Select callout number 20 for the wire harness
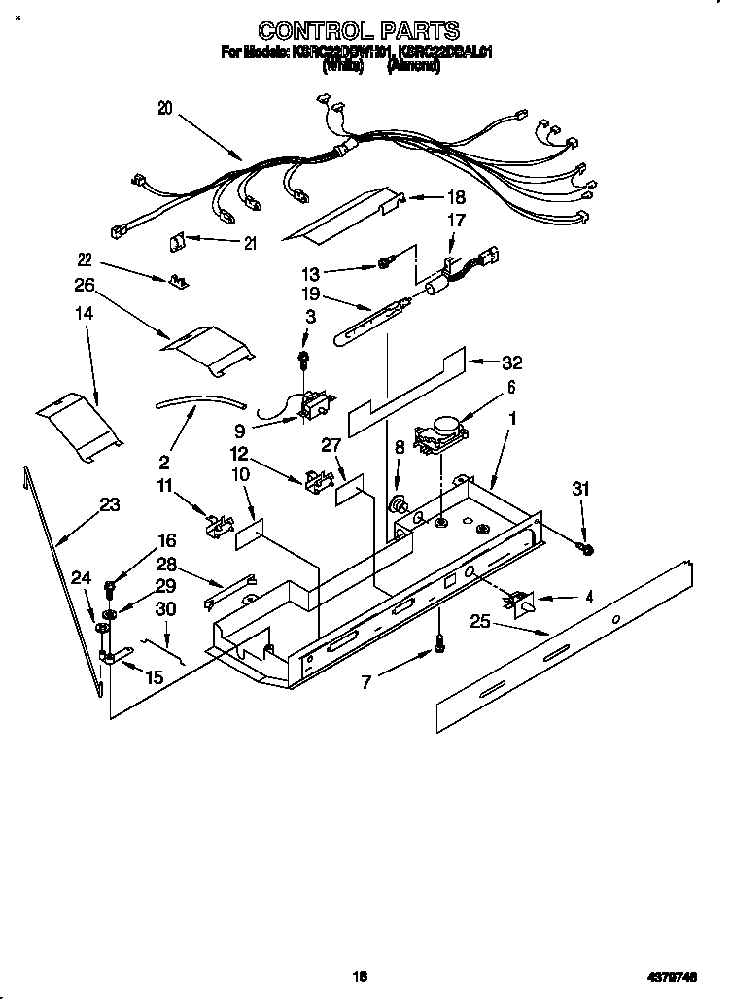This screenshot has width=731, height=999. (164, 109)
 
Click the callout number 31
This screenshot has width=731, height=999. (580, 490)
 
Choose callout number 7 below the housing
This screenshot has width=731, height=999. (365, 682)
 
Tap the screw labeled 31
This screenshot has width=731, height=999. (587, 550)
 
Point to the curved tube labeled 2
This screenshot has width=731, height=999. (199, 401)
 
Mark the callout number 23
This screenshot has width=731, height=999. (110, 504)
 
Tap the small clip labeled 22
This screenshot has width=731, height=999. (178, 280)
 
